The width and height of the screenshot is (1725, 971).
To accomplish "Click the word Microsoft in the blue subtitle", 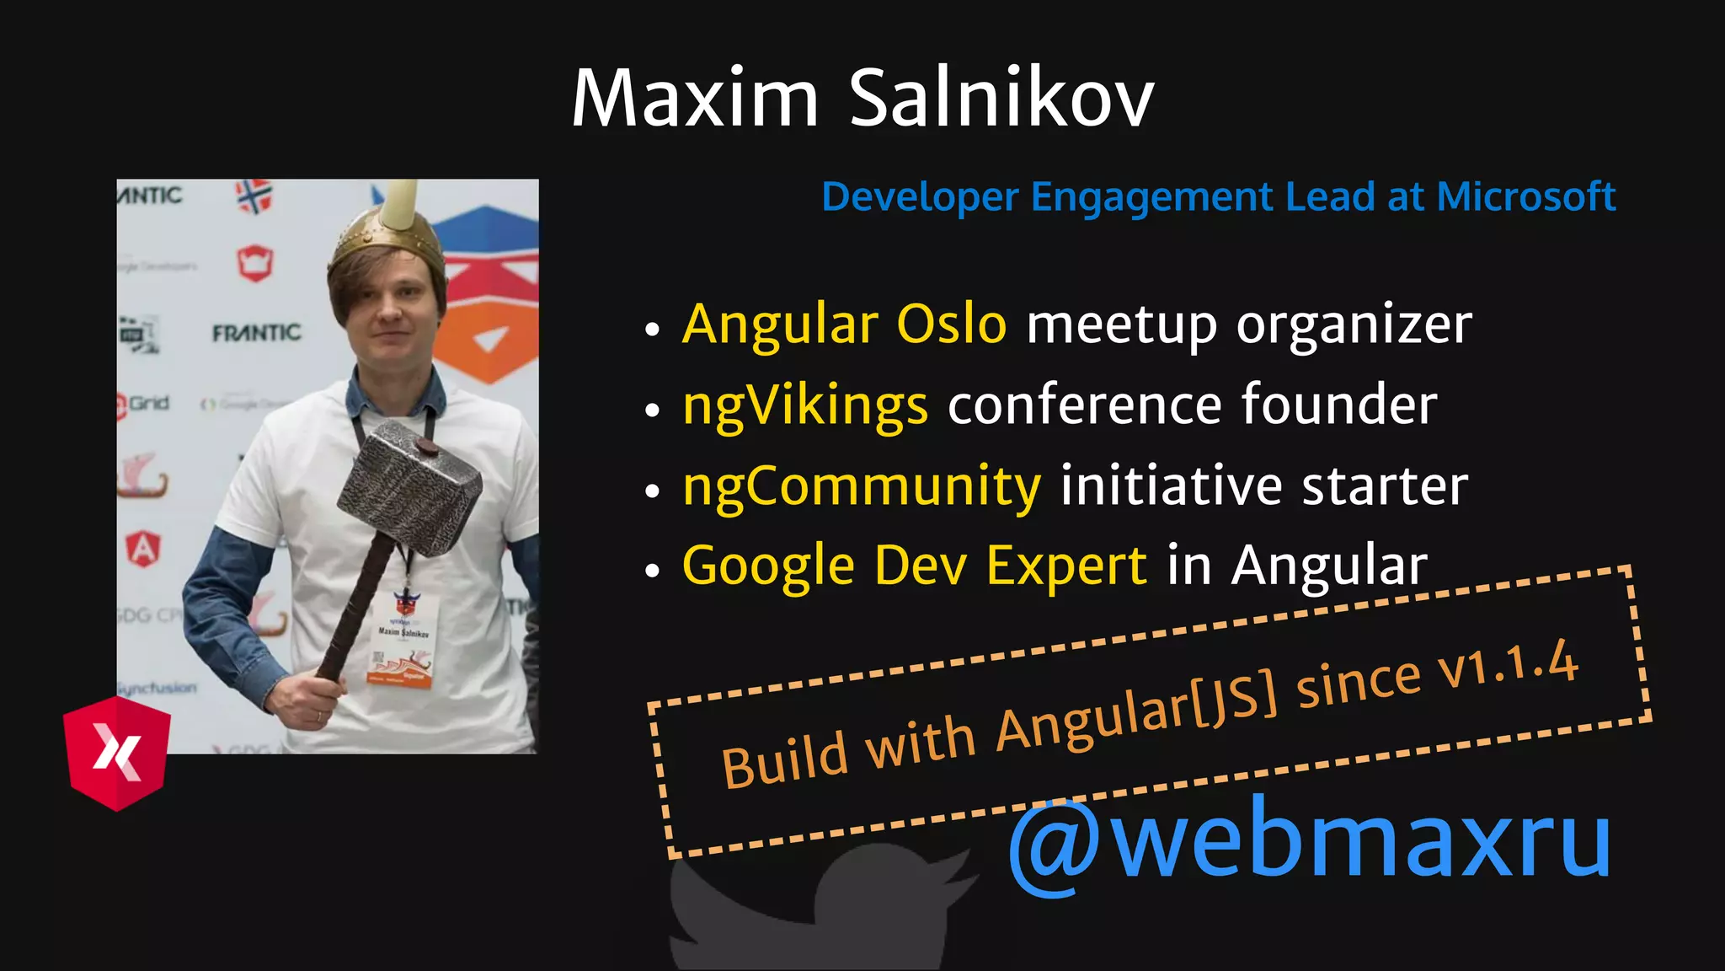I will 1525,196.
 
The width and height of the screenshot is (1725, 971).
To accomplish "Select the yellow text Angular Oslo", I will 844,324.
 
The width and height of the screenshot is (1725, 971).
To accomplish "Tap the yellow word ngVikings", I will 805,405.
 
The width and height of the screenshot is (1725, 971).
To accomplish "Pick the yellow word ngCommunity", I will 862,486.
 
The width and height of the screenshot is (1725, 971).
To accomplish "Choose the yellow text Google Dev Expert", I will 914,565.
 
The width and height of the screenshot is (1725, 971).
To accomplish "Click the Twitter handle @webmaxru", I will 1310,840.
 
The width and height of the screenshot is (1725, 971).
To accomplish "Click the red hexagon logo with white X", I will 117,753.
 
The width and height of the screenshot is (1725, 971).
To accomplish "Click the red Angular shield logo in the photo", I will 143,549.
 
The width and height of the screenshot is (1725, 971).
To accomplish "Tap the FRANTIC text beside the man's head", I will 256,333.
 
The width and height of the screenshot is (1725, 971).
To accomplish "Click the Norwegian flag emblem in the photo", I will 254,197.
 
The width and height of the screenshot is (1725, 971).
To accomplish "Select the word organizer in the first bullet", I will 1354,324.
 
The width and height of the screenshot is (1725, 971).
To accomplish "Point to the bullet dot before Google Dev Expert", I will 651,571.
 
